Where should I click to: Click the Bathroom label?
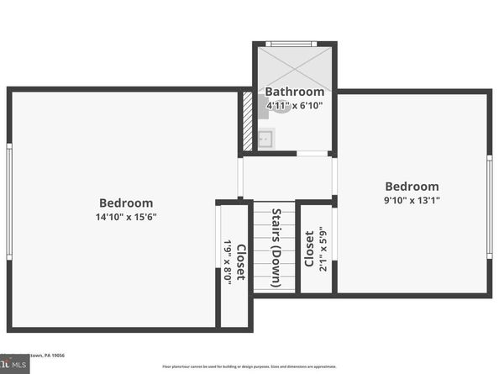coord(294,92)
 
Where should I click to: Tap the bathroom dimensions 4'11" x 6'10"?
coord(294,106)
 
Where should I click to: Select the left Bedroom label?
coord(126,203)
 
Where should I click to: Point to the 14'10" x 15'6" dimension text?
coord(126,217)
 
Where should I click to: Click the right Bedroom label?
coord(412,187)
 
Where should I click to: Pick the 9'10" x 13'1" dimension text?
coord(412,200)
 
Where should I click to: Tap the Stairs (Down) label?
coord(276,246)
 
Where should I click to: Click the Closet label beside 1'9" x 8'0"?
coord(241,261)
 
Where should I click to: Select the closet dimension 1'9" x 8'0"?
coord(228,262)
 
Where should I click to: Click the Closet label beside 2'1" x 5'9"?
coord(309,249)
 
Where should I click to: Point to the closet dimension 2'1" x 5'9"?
coord(323,249)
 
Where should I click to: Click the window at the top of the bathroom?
coord(292,44)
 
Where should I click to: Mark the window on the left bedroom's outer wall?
coord(9,201)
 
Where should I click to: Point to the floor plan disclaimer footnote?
coord(249,367)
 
